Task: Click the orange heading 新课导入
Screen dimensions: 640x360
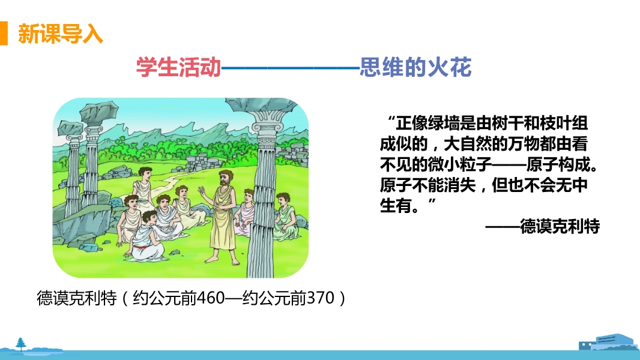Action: (x=61, y=34)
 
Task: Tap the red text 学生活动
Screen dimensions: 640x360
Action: (x=178, y=67)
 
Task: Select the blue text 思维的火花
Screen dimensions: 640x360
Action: (x=415, y=67)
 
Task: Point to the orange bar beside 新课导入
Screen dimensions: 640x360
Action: (x=4, y=33)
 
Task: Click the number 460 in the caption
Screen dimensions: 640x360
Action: (x=211, y=298)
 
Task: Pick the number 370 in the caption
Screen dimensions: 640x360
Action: (x=321, y=298)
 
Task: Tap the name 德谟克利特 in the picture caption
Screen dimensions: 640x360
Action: (x=76, y=298)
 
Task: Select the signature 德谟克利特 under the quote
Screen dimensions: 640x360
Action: (x=560, y=226)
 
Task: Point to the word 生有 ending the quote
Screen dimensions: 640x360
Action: (x=396, y=205)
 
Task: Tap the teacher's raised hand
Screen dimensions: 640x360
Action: (x=201, y=190)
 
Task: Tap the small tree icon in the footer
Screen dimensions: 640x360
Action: (x=20, y=344)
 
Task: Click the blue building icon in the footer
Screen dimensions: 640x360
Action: (x=608, y=343)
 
